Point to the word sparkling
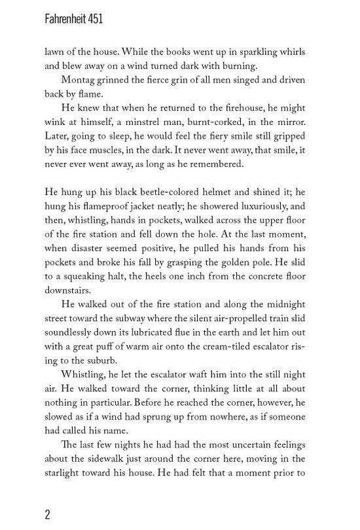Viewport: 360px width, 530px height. [x=257, y=50]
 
